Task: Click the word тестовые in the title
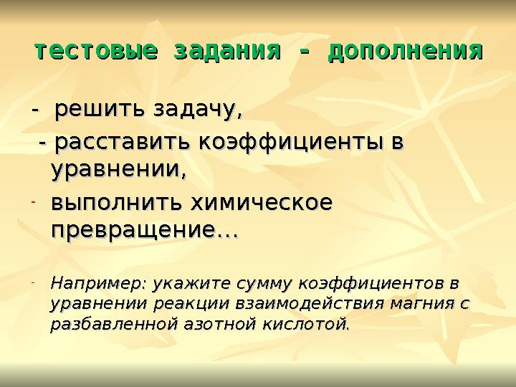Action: [x=96, y=52]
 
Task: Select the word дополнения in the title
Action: [x=405, y=52]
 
